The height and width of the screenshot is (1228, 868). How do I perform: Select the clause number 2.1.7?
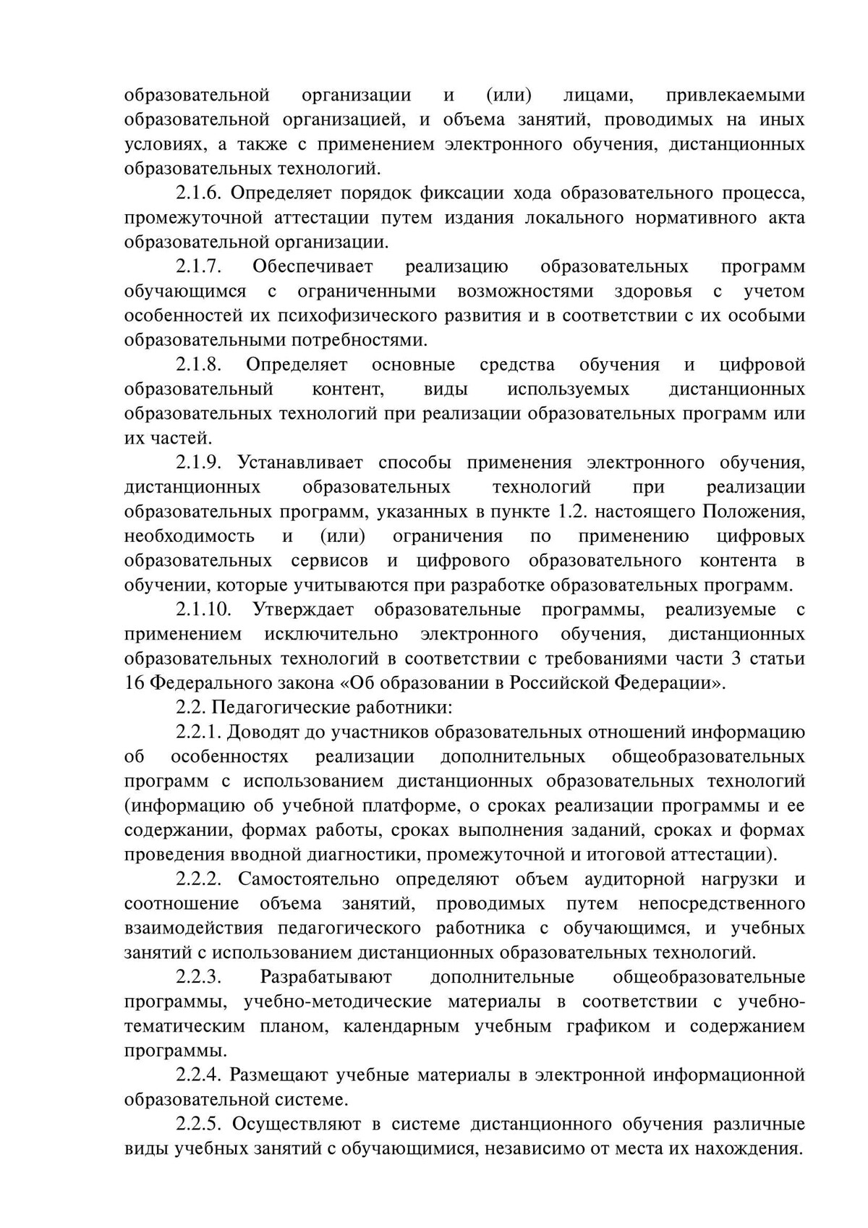(198, 267)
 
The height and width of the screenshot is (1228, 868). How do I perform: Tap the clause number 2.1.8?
(198, 365)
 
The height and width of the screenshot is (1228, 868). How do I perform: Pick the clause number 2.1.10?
(203, 610)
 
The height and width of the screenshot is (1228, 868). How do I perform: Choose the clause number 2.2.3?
(198, 978)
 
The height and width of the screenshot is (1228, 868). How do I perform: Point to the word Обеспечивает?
(312, 267)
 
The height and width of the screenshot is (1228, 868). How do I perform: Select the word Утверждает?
(303, 610)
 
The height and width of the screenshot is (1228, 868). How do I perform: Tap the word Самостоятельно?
(308, 880)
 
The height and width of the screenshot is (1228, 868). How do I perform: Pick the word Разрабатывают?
(325, 978)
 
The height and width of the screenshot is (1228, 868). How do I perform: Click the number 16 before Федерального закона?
(135, 683)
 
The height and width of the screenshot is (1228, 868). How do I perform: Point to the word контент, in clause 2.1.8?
(347, 389)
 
